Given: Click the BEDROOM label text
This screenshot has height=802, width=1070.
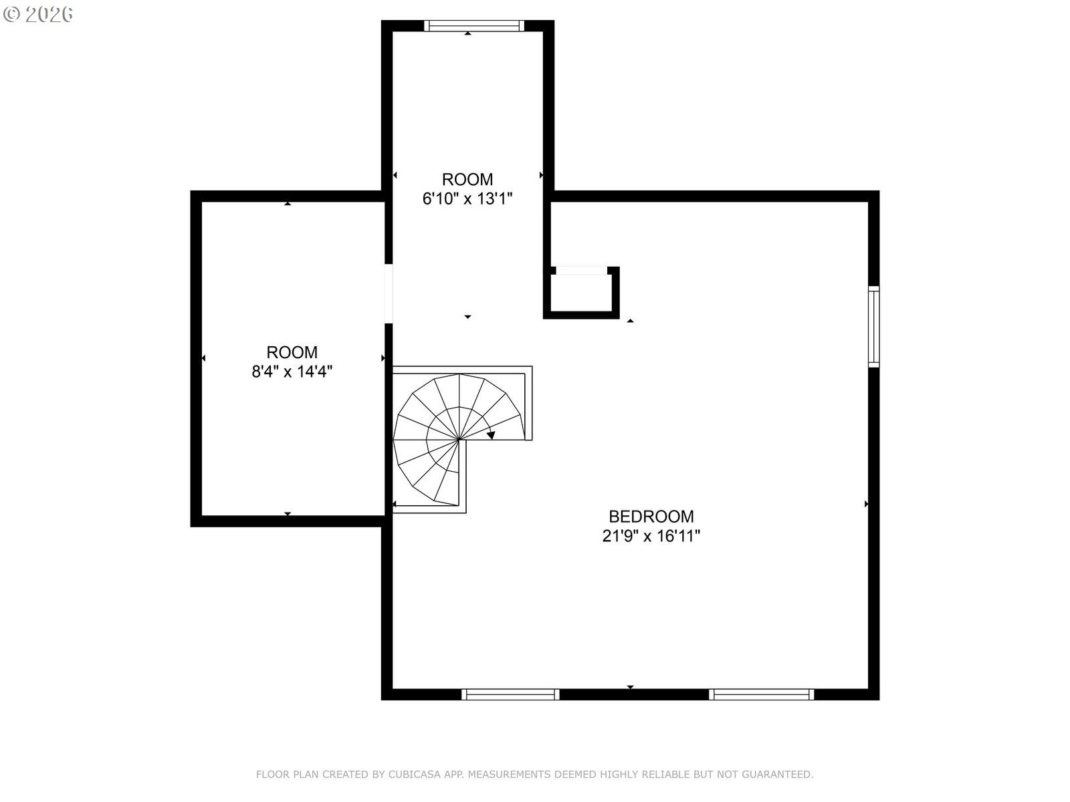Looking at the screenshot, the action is click(x=651, y=516).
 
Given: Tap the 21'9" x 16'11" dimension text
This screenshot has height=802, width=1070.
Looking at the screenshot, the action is click(x=651, y=536).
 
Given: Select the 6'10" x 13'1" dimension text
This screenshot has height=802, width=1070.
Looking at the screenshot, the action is click(x=467, y=198).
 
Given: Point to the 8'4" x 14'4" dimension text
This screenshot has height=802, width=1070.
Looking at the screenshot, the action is click(x=292, y=372).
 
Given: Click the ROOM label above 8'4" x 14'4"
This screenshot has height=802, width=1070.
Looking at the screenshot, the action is click(x=292, y=352).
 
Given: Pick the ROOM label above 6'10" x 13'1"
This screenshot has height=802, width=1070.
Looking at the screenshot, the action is click(x=467, y=179).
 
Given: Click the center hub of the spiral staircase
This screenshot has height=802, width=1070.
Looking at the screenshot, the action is click(x=459, y=439).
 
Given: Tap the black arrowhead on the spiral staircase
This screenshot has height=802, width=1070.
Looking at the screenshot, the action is click(x=491, y=435).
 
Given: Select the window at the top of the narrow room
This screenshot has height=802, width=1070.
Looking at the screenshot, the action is click(x=474, y=26).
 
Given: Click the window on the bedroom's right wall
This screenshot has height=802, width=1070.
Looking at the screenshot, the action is click(x=873, y=326).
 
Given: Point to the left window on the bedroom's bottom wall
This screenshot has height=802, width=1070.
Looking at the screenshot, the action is click(x=510, y=694).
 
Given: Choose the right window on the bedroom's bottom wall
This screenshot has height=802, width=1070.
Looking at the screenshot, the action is click(x=761, y=694).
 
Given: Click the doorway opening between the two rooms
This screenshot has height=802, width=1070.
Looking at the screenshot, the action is click(x=389, y=293).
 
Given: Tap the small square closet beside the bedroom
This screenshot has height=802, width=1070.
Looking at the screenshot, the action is click(x=581, y=293).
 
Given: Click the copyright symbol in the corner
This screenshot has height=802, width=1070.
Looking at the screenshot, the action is click(x=11, y=14).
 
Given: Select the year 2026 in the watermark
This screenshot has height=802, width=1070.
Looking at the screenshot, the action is click(x=49, y=14).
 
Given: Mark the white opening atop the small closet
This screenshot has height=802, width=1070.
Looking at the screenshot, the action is click(x=582, y=271).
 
